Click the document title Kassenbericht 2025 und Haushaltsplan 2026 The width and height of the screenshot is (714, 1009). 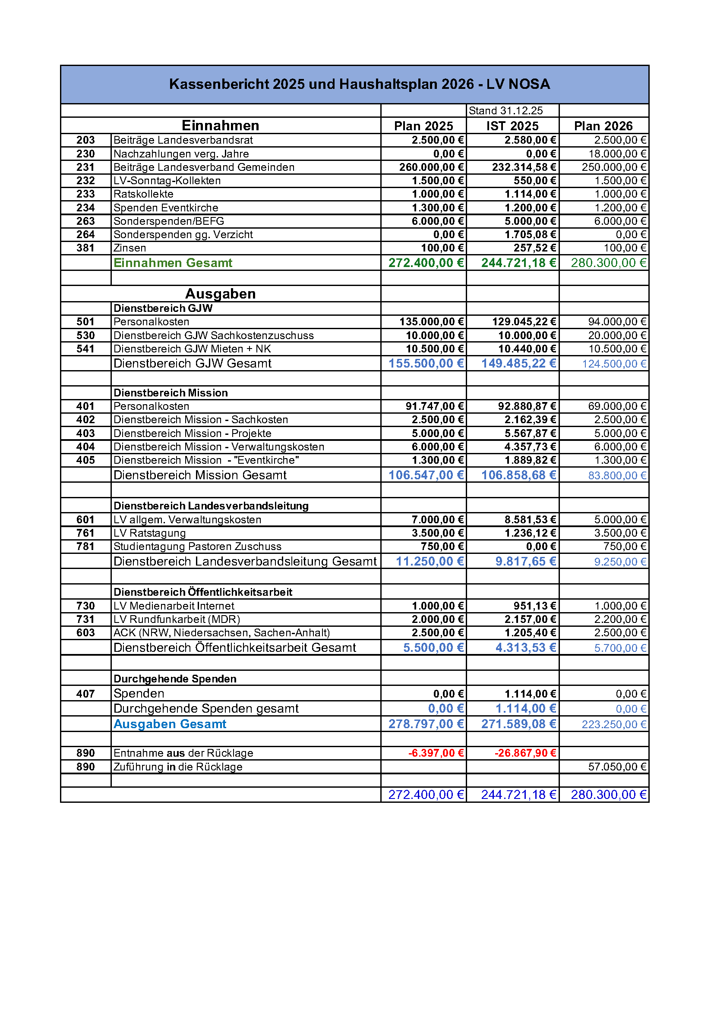pyautogui.click(x=359, y=84)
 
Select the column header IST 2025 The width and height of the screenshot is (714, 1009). pyautogui.click(x=512, y=126)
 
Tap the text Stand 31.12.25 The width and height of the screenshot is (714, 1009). pyautogui.click(x=505, y=111)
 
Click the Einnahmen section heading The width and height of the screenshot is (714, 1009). pyautogui.click(x=220, y=126)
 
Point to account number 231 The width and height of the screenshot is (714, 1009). pyautogui.click(x=85, y=167)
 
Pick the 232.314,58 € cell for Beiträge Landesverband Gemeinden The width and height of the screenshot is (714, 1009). pyautogui.click(x=524, y=167)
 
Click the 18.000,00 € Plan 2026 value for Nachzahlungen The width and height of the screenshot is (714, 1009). pyautogui.click(x=617, y=154)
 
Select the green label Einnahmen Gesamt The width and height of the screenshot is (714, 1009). pyautogui.click(x=173, y=263)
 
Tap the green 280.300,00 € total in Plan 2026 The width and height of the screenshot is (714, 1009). pyautogui.click(x=609, y=263)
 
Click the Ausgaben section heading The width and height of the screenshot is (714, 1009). pyautogui.click(x=220, y=294)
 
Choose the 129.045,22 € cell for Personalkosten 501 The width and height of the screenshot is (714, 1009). pyautogui.click(x=524, y=322)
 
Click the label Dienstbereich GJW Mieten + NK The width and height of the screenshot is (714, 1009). pyautogui.click(x=192, y=349)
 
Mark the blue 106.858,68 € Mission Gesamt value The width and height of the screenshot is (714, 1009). pyautogui.click(x=519, y=475)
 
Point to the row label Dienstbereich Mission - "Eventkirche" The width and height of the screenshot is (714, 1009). pyautogui.click(x=206, y=460)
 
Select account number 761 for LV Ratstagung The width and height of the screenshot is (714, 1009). pyautogui.click(x=85, y=533)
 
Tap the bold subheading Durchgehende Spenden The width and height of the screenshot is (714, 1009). pyautogui.click(x=175, y=679)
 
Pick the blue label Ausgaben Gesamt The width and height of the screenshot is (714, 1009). pyautogui.click(x=170, y=724)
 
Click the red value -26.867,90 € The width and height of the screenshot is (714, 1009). pyautogui.click(x=525, y=753)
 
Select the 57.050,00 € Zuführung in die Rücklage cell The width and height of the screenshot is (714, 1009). pyautogui.click(x=617, y=767)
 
